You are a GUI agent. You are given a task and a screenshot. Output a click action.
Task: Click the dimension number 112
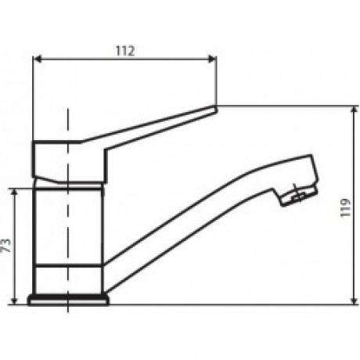point(125,51)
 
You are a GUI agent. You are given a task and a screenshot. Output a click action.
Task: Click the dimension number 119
point(345,207)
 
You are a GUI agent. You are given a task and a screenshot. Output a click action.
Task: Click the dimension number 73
point(7,245)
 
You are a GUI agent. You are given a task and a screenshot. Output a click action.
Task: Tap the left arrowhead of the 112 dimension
point(38,59)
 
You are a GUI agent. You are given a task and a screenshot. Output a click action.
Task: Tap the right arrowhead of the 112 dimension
point(211,59)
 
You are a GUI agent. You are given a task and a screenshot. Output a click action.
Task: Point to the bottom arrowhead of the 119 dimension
point(354,301)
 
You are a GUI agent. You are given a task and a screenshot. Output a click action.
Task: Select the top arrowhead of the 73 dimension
point(15,193)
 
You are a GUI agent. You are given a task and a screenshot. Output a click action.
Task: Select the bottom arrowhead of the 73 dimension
point(15,301)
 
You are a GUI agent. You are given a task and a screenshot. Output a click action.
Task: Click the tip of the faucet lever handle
point(214,109)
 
